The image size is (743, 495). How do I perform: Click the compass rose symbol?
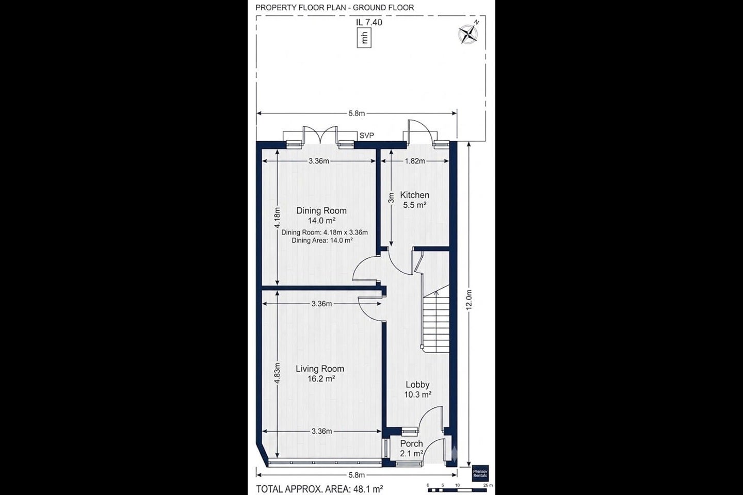(x=468, y=34)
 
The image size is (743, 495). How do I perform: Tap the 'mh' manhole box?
(x=364, y=38)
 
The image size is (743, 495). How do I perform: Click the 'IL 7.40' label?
(x=369, y=22)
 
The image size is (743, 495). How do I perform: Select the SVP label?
(x=366, y=136)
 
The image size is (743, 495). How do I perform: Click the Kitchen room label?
(x=415, y=195)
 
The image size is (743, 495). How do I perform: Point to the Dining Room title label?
(x=321, y=210)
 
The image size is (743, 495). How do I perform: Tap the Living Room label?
(x=320, y=369)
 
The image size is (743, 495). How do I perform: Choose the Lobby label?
(x=417, y=385)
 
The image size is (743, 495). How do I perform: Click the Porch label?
(x=411, y=443)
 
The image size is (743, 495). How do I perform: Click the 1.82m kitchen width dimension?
(x=415, y=161)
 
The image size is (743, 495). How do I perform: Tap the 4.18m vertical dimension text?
(x=277, y=218)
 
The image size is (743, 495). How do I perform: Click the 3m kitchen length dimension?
(x=392, y=198)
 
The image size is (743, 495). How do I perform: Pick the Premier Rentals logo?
(x=480, y=473)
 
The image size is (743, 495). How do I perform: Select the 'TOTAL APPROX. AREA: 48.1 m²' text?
(x=320, y=489)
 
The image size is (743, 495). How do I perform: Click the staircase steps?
(x=436, y=319)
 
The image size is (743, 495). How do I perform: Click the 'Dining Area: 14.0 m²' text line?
(x=322, y=240)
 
